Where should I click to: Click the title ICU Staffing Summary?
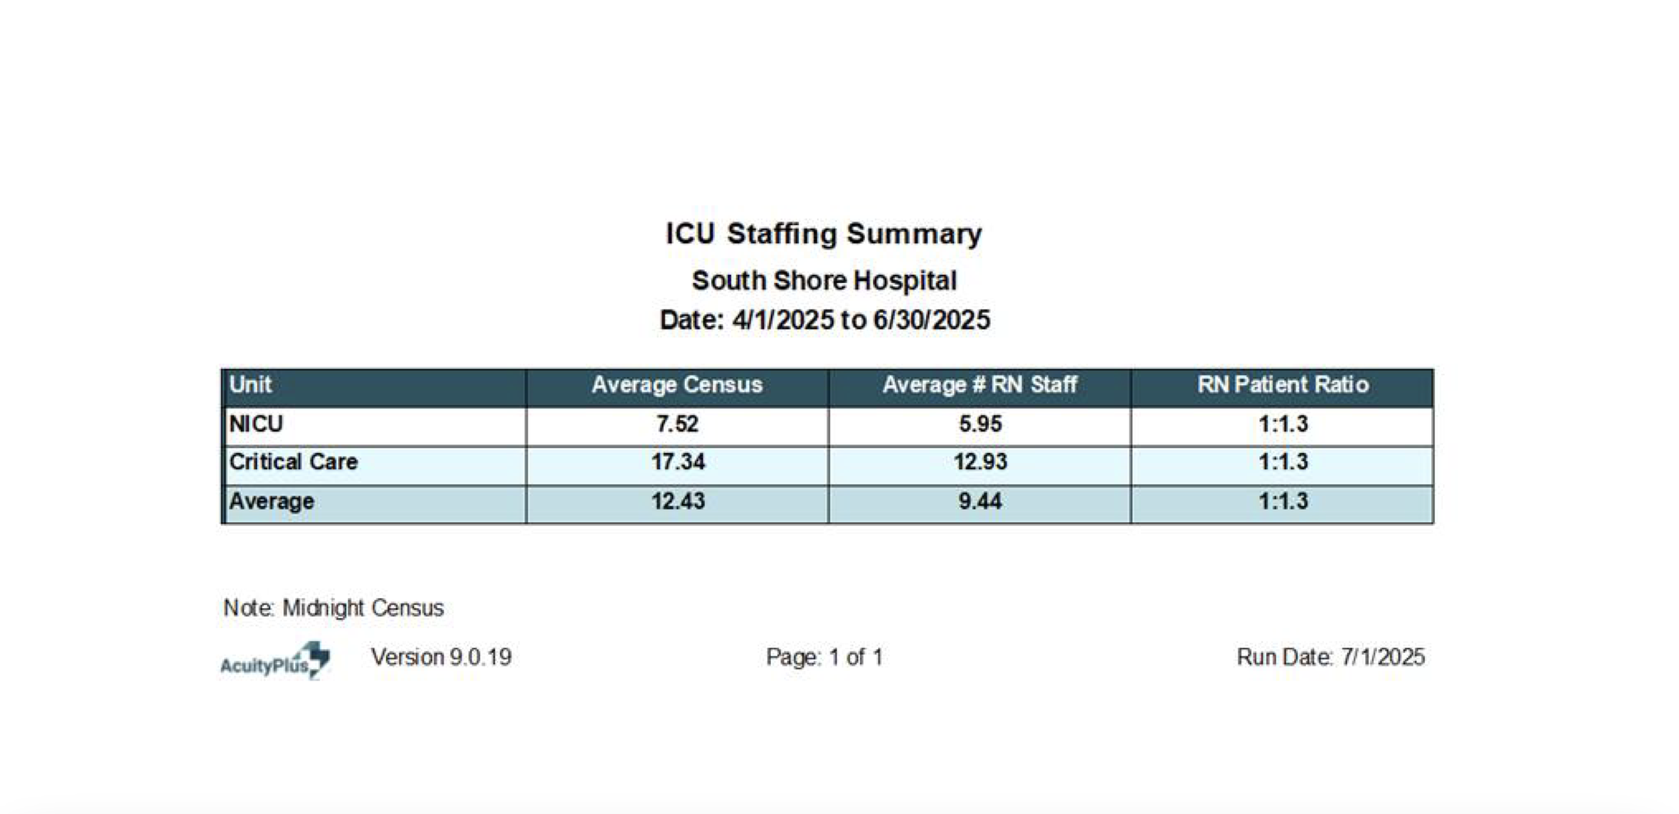[x=823, y=234]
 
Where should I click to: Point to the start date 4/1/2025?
[x=783, y=320]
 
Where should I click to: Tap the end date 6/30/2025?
[x=931, y=320]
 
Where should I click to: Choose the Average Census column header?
[x=677, y=385]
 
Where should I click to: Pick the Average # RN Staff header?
[x=980, y=385]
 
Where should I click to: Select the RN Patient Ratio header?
[x=1282, y=385]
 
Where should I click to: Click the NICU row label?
[x=256, y=424]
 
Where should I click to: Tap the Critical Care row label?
[x=294, y=462]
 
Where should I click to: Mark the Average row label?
[x=272, y=501]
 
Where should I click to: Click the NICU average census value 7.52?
[x=677, y=424]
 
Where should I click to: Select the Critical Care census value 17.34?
[x=678, y=462]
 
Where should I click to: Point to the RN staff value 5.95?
[x=980, y=424]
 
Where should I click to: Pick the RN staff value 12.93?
[x=980, y=462]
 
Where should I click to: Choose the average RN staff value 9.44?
[x=980, y=501]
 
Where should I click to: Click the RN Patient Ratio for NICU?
[x=1282, y=424]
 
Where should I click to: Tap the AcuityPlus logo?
[x=275, y=660]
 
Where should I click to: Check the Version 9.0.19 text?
[x=441, y=657]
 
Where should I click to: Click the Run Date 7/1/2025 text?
[x=1330, y=657]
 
